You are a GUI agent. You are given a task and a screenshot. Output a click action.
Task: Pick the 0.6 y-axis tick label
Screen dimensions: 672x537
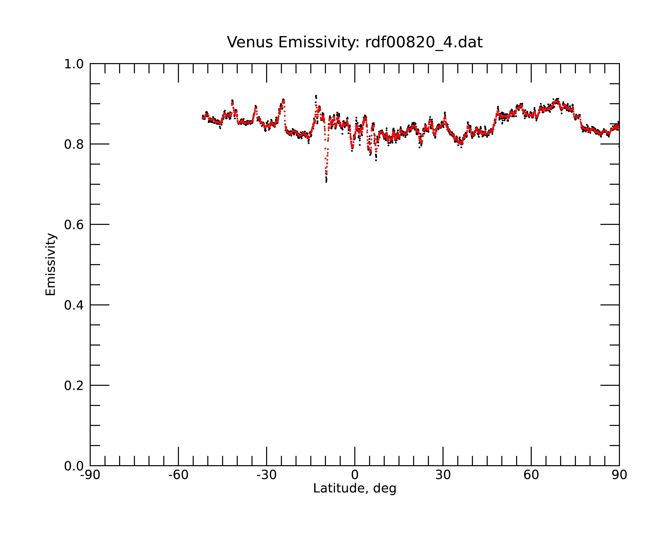click(74, 225)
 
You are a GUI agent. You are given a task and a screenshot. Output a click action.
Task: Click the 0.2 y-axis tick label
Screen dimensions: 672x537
click(74, 386)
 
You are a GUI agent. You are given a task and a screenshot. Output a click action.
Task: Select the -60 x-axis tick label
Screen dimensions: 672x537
click(178, 475)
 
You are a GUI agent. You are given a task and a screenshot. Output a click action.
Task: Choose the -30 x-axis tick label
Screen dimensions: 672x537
click(266, 475)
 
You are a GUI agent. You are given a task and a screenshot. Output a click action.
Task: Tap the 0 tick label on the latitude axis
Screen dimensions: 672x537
click(355, 475)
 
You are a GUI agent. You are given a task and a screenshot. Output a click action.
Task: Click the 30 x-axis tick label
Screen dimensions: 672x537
click(443, 475)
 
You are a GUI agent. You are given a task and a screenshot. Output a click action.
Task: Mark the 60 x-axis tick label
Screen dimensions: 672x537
click(531, 475)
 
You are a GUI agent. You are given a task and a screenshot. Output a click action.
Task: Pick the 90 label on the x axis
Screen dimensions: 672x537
click(619, 475)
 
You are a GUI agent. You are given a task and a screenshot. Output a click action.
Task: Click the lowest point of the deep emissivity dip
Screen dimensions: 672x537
click(326, 182)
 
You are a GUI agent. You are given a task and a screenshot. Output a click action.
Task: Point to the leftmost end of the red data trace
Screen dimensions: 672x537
click(202, 118)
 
